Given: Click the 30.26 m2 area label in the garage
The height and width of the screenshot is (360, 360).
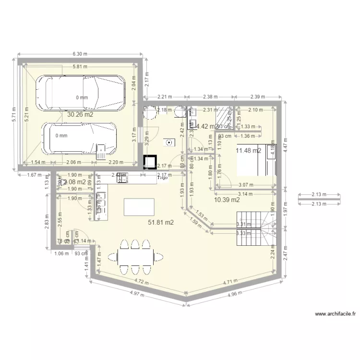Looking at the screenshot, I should [x=80, y=115].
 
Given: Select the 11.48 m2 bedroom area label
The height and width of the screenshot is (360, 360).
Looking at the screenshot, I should [x=248, y=151].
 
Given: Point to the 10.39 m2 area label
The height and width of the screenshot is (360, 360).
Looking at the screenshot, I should [x=227, y=199].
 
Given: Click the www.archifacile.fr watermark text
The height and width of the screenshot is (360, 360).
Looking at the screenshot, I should [x=335, y=314].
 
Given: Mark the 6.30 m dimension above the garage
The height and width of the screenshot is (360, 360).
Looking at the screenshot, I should [x=80, y=54].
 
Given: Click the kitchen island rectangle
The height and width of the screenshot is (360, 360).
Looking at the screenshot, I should [x=139, y=207].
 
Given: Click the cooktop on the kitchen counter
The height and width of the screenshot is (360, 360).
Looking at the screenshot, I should [x=122, y=178].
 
